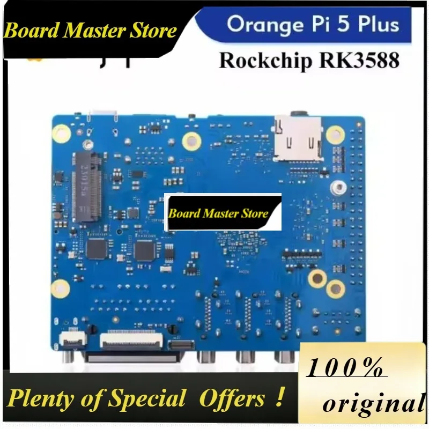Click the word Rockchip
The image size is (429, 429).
click(x=265, y=60)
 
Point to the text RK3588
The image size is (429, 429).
click(x=359, y=60)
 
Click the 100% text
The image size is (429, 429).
click(x=345, y=368)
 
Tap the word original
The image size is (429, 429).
click(x=374, y=403)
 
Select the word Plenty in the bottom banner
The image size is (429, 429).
click(x=40, y=400)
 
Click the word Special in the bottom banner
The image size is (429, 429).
click(x=146, y=398)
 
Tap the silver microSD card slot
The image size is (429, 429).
click(x=298, y=139)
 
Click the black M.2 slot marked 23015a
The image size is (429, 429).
click(x=87, y=187)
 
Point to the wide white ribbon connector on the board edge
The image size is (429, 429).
click(x=131, y=339)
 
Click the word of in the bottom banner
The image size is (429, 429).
click(x=92, y=398)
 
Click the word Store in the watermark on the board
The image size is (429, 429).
click(x=254, y=213)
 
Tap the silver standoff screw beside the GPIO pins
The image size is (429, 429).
click(x=339, y=187)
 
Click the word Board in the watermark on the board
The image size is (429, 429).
click(x=185, y=213)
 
